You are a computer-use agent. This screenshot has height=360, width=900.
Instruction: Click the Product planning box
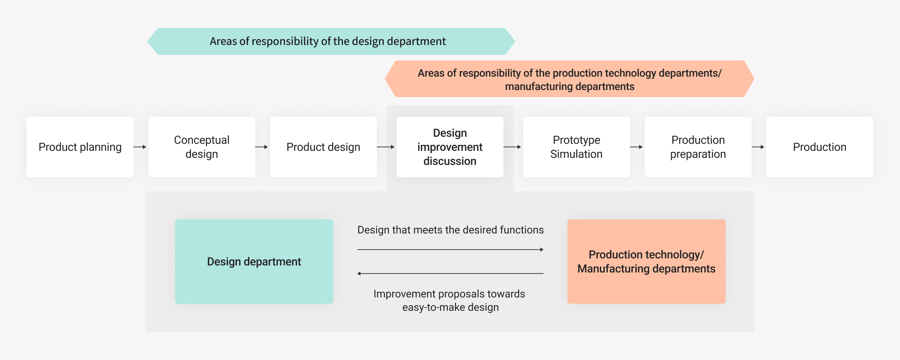[x=80, y=147]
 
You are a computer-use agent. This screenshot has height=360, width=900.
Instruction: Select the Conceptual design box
[x=202, y=147]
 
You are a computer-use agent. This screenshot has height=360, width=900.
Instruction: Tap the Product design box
[x=323, y=147]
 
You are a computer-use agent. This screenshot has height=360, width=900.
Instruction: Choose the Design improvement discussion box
[x=450, y=147]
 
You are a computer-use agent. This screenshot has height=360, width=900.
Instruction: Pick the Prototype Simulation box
[x=577, y=147]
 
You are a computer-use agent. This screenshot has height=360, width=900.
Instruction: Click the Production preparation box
[x=698, y=147]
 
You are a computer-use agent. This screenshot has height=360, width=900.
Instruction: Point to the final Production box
[x=820, y=147]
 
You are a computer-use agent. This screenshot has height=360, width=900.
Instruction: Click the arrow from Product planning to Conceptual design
[x=140, y=147]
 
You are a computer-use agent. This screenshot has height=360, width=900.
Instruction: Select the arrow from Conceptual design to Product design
[x=262, y=147]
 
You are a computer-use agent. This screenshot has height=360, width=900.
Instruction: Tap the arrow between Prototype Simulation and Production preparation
[x=636, y=147]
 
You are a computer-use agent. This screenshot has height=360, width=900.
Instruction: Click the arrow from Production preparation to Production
[x=758, y=147]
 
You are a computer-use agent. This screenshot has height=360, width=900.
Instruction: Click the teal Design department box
[x=254, y=262]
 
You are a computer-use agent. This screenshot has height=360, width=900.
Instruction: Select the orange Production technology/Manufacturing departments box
[x=647, y=262]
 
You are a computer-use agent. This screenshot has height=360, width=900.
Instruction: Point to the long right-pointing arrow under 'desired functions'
[x=450, y=250]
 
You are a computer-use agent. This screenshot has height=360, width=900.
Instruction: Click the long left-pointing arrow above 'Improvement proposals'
[x=450, y=274]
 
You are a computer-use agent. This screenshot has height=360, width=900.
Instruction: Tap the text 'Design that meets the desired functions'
[x=450, y=230]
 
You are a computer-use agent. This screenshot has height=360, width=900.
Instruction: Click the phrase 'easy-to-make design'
[x=450, y=307]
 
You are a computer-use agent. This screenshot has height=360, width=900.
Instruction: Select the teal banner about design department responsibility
[x=331, y=41]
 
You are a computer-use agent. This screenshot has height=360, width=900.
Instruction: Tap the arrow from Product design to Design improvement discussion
[x=386, y=147]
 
